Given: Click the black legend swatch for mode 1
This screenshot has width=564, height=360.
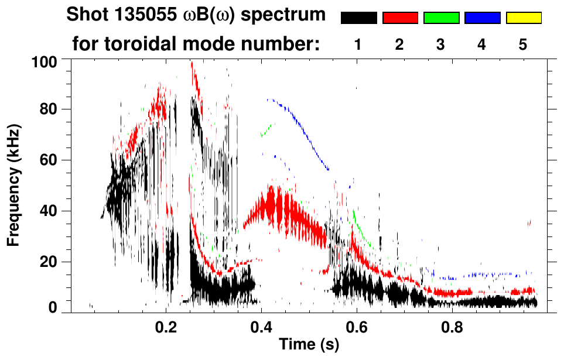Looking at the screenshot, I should (359, 18).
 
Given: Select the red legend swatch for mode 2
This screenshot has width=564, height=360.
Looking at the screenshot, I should (400, 18).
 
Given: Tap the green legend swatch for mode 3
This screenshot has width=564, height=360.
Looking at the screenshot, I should (441, 18).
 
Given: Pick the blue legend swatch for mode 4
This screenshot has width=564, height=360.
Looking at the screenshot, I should (482, 18).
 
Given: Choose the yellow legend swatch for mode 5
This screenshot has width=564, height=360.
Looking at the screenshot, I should (524, 18).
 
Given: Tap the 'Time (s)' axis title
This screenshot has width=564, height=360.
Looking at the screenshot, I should (309, 345).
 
